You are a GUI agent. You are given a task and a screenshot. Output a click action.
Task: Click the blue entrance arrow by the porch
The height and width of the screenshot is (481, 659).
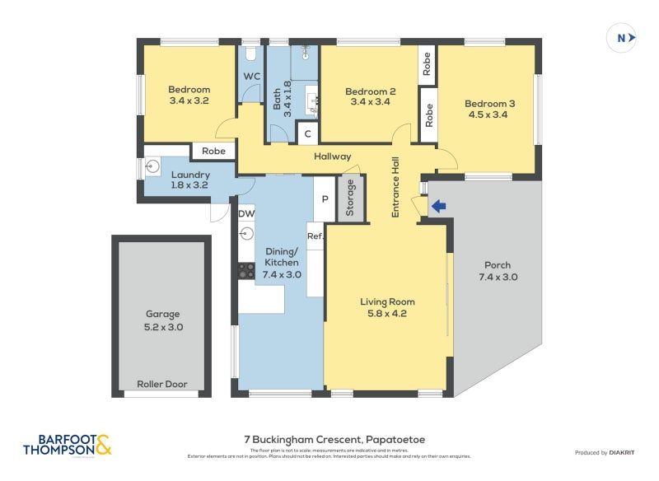[438, 207]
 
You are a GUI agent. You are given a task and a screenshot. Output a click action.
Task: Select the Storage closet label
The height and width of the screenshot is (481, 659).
[350, 198]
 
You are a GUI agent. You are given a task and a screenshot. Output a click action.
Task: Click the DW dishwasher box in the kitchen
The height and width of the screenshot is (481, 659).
[246, 214]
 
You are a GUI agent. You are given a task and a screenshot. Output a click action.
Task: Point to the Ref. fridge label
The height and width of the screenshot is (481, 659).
[315, 236]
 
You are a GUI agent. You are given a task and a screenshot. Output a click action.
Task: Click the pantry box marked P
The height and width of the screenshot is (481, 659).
[325, 198]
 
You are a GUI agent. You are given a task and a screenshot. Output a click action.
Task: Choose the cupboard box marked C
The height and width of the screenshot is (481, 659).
[307, 133]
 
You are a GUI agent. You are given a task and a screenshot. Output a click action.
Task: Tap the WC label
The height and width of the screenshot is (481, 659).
[251, 77]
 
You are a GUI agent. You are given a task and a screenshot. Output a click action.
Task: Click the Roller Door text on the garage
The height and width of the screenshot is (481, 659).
[161, 384]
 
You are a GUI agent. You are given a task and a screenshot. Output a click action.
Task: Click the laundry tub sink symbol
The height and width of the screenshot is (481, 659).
[152, 167]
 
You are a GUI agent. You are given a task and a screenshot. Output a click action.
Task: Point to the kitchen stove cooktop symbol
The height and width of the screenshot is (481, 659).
[245, 269]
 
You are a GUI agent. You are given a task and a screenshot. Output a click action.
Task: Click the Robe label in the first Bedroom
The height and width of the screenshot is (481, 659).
[213, 152]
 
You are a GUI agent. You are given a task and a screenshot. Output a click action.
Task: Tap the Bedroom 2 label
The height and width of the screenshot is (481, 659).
[370, 91]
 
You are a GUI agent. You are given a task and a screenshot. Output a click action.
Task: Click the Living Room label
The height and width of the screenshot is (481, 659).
[386, 301]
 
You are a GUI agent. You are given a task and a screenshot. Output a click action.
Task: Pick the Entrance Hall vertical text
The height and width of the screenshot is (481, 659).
[395, 187]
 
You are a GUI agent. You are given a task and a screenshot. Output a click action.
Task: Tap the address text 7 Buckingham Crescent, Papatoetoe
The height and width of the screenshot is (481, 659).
[334, 440]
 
